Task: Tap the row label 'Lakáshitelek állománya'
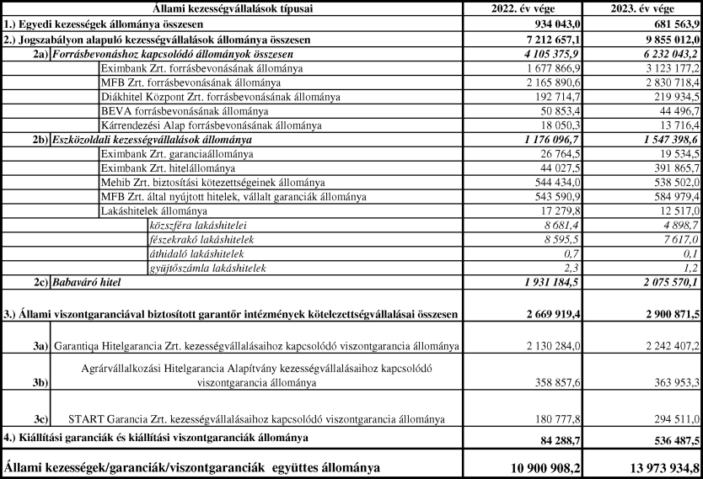click(x=153, y=210)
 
